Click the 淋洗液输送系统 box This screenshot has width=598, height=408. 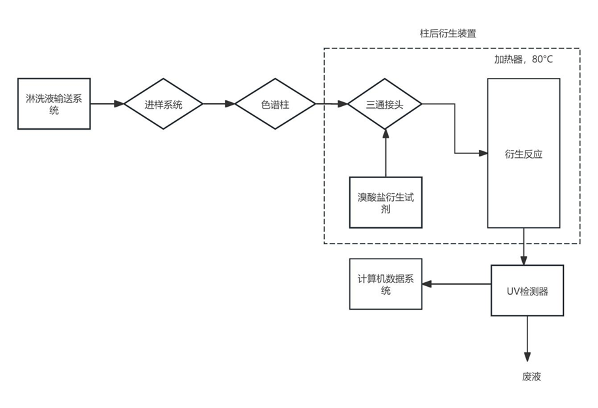click(x=54, y=104)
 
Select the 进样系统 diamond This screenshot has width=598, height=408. click(x=164, y=104)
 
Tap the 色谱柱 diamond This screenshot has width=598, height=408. click(x=275, y=104)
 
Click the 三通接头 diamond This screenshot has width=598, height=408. click(x=385, y=104)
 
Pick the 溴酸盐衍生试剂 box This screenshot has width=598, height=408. click(x=385, y=202)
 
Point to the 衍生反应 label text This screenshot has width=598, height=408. click(x=523, y=155)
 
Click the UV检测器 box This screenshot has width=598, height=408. click(x=527, y=291)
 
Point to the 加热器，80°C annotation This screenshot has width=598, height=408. click(x=523, y=60)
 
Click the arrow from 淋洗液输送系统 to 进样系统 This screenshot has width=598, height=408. click(x=107, y=104)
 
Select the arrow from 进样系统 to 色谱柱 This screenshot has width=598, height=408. click(x=219, y=104)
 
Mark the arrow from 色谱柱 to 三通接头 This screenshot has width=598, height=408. click(x=331, y=104)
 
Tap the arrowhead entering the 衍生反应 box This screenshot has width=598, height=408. click(x=484, y=153)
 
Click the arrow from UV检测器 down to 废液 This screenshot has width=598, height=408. click(x=527, y=337)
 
